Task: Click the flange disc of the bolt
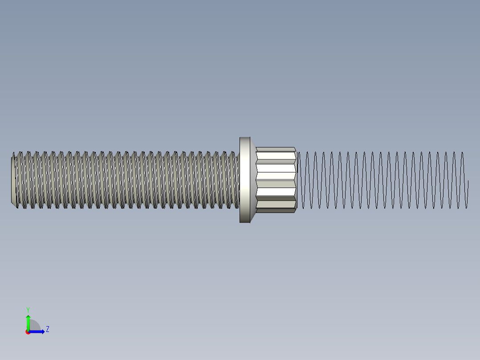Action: pyautogui.click(x=244, y=180)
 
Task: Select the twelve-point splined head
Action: pyautogui.click(x=276, y=180)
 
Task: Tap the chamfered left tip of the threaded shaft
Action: pyautogui.click(x=14, y=180)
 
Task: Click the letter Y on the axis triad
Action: pyautogui.click(x=28, y=309)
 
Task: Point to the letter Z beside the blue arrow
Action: pyautogui.click(x=47, y=329)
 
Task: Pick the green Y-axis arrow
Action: pyautogui.click(x=28, y=322)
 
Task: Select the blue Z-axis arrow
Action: pyautogui.click(x=37, y=331)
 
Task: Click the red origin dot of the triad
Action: pyautogui.click(x=28, y=332)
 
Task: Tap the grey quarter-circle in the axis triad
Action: pyautogui.click(x=34, y=326)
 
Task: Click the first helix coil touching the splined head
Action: pyautogui.click(x=299, y=180)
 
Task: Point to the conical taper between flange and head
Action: pyautogui.click(x=253, y=180)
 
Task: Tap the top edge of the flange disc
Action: pyautogui.click(x=244, y=138)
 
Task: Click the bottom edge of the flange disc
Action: pyautogui.click(x=244, y=222)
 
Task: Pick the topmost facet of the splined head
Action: pyautogui.click(x=276, y=149)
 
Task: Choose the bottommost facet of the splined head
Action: pyautogui.click(x=276, y=210)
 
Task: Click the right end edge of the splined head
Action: pyautogui.click(x=296, y=180)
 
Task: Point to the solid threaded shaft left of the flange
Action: pyautogui.click(x=125, y=180)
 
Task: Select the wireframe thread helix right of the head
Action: pyautogui.click(x=383, y=180)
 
